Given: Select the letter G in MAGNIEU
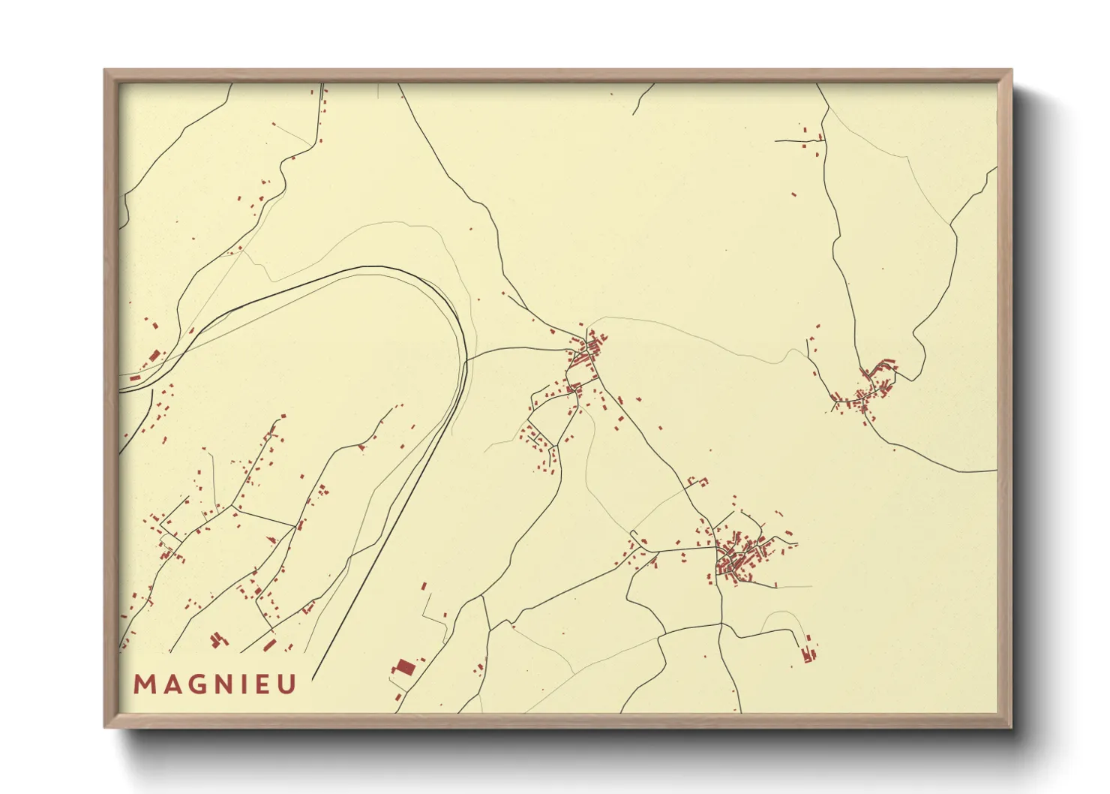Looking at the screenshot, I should (195, 684).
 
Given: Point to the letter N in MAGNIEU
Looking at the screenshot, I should (223, 684).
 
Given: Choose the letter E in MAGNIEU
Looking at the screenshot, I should (262, 684).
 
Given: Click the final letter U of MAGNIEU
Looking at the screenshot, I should (286, 684).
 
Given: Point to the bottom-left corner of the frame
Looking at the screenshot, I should (105, 726).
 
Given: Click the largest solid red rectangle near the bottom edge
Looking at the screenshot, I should (405, 666).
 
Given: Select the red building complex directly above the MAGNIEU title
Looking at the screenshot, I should (218, 639).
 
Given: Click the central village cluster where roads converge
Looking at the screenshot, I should (589, 353).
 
